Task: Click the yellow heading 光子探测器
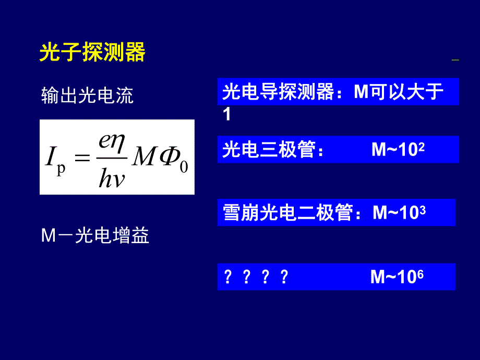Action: (x=92, y=53)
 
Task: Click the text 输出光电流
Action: (x=87, y=95)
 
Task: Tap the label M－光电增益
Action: (x=95, y=236)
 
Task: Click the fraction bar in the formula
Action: (x=112, y=157)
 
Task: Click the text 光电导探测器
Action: (x=278, y=92)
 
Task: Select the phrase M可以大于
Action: (x=399, y=92)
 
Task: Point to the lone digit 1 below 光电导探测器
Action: (x=226, y=114)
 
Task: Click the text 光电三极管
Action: (x=269, y=150)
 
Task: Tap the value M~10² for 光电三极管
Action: (x=398, y=150)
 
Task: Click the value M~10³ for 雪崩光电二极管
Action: (x=399, y=213)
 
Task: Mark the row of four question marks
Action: (x=255, y=277)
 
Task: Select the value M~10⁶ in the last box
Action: (x=397, y=277)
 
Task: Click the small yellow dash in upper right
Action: (x=455, y=61)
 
